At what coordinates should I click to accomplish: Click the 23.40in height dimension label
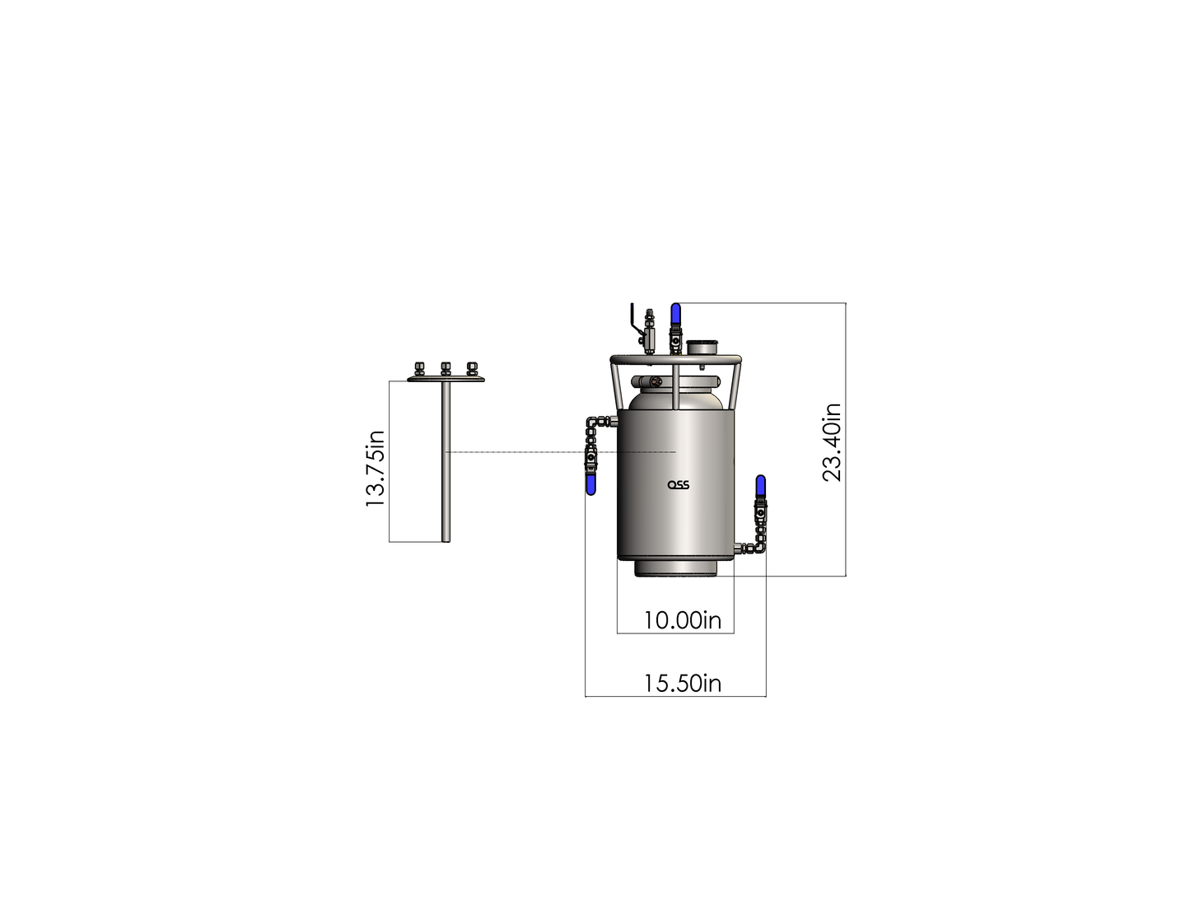[x=833, y=442]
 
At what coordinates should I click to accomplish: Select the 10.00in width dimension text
[x=682, y=620]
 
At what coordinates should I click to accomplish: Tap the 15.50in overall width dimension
[x=682, y=683]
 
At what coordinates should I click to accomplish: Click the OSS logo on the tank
[x=678, y=484]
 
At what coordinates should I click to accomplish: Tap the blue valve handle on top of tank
[x=675, y=314]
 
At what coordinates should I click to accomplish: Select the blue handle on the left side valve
[x=590, y=484]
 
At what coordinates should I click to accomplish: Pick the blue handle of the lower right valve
[x=760, y=486]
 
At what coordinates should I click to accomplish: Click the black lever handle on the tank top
[x=633, y=318]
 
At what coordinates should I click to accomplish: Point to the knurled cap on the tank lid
[x=702, y=346]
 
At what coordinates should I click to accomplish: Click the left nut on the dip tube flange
[x=419, y=368]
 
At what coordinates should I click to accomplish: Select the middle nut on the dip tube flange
[x=446, y=368]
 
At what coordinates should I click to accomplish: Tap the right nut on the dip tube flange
[x=472, y=368]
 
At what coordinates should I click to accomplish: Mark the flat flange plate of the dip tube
[x=446, y=379]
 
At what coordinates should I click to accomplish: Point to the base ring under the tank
[x=675, y=567]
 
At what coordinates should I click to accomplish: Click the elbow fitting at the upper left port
[x=593, y=424]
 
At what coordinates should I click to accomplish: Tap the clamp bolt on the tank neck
[x=656, y=381]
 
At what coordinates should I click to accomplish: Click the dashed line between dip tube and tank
[x=519, y=452]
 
